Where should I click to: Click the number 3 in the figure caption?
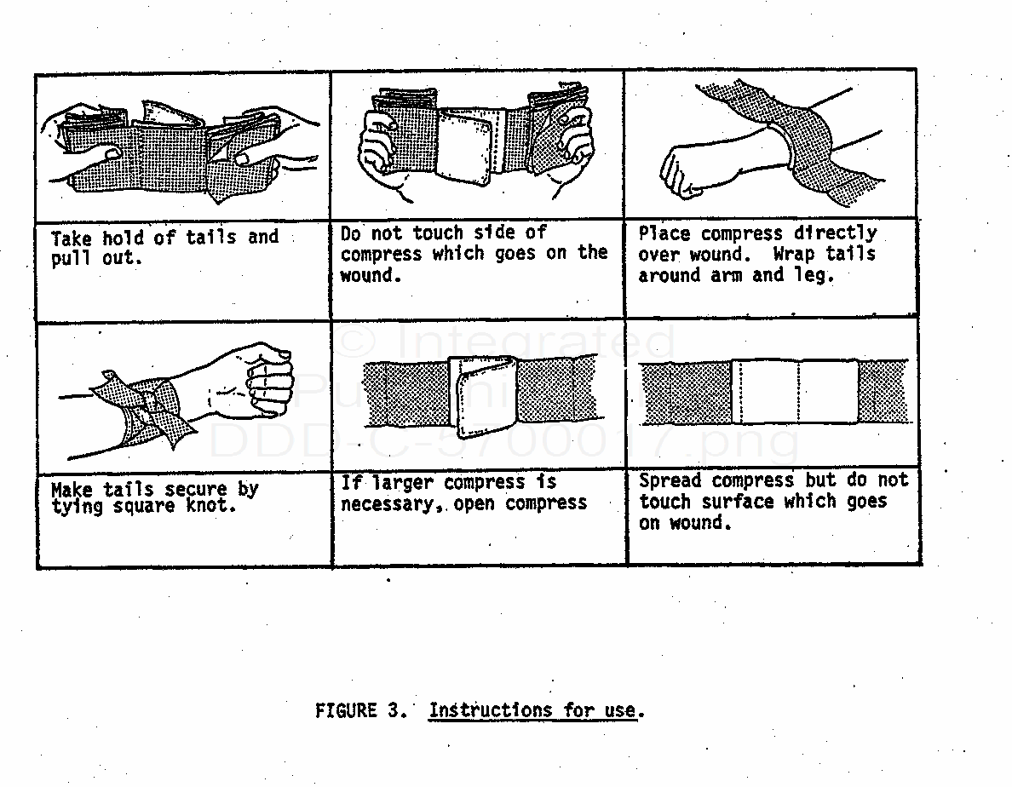393,711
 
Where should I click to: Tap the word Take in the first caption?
71,238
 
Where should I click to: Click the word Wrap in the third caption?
793,254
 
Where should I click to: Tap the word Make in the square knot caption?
71,490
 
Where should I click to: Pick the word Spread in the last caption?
670,480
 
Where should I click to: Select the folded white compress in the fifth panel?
485,395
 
